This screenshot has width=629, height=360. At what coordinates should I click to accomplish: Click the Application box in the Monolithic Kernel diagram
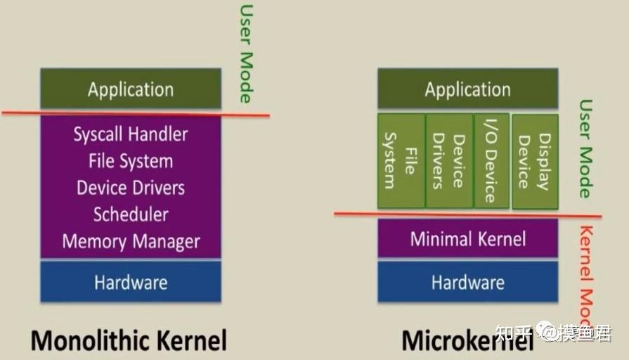coord(131,89)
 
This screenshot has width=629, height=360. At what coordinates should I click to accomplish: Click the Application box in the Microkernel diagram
coord(467,89)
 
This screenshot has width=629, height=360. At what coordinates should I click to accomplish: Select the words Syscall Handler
coord(131,134)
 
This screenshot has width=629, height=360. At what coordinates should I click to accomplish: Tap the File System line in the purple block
coord(131,161)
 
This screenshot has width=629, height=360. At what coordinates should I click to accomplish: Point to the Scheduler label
coord(131,214)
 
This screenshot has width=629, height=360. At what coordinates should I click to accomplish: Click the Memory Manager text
coord(131,242)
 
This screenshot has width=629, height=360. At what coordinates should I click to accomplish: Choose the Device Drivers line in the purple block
coord(131,188)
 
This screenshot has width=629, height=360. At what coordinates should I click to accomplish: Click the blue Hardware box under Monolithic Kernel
coord(131,282)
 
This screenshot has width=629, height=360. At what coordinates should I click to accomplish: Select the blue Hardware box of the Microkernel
coord(467,282)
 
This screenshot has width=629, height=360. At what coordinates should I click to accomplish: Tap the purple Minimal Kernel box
coord(467,238)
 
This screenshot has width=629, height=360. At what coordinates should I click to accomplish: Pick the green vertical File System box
coord(401,161)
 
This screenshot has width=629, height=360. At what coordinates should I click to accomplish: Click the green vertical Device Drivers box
coord(448,161)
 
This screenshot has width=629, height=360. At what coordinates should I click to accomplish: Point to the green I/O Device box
coord(491,161)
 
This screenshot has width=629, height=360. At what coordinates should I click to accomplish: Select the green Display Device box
coord(534,161)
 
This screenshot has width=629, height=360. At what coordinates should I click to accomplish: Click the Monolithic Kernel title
coord(129,341)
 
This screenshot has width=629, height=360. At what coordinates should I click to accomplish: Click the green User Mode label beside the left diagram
coord(245,53)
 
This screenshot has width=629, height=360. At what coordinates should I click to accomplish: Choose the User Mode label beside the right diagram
coord(585,148)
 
